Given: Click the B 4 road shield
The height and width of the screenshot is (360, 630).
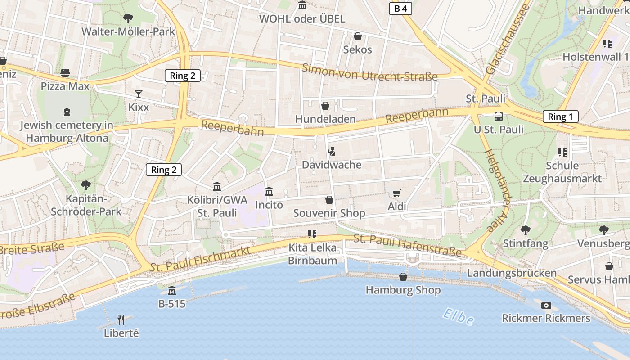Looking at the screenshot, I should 400,9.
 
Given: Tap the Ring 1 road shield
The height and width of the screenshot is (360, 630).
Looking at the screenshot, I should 560,117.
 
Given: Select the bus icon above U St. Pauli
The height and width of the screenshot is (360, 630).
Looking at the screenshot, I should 499,117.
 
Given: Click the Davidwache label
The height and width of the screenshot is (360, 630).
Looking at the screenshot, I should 332,165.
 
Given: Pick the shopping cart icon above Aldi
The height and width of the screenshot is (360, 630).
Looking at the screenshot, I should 396,193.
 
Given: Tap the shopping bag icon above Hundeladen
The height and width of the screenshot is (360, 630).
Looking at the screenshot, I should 325,106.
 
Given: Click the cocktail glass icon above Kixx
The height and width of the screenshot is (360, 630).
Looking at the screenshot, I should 139,94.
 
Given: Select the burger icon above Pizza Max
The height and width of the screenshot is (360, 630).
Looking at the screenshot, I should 65,73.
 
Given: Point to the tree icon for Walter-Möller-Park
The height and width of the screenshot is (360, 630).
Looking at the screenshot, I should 128,18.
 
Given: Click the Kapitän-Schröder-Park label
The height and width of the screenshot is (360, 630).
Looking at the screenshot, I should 86,205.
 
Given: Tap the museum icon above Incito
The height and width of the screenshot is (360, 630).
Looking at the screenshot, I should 269,192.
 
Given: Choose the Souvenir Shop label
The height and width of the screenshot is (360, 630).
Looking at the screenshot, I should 329,213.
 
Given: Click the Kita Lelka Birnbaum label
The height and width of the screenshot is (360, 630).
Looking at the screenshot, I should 312,254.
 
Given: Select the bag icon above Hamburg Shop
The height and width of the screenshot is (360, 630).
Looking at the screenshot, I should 403,277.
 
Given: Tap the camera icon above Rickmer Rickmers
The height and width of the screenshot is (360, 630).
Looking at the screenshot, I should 546,305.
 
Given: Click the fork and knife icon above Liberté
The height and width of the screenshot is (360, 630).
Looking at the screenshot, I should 121,320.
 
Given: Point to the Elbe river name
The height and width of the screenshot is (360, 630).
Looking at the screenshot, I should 458,316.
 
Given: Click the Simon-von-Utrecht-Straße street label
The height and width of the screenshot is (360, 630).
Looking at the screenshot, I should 369,72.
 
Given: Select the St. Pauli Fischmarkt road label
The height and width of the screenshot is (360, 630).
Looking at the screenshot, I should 200,259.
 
